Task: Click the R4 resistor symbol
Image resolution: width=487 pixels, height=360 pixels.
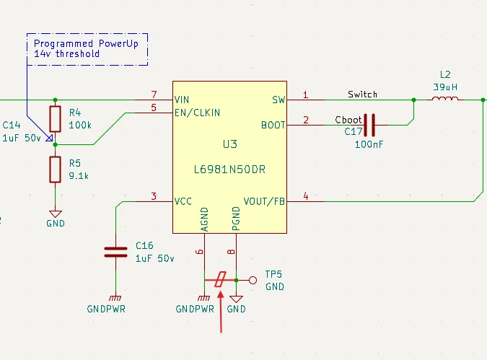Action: pyautogui.click(x=56, y=119)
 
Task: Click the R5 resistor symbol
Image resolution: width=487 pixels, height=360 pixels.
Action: pyautogui.click(x=56, y=170)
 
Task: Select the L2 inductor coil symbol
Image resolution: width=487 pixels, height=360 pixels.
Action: pyautogui.click(x=444, y=99)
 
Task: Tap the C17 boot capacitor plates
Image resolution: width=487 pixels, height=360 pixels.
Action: pyautogui.click(x=369, y=125)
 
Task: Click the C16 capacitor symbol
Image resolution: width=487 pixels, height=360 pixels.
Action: pyautogui.click(x=116, y=253)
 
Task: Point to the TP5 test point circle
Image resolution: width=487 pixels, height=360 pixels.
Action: pyautogui.click(x=253, y=281)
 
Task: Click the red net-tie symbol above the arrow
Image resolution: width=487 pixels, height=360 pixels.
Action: pyautogui.click(x=220, y=279)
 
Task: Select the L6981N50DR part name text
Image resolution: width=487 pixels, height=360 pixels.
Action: pyautogui.click(x=229, y=170)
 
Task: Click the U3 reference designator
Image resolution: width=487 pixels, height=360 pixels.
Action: pyautogui.click(x=230, y=144)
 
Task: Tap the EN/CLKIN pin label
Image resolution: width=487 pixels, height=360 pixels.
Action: pyautogui.click(x=197, y=113)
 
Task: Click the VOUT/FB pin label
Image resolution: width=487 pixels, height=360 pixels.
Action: pyautogui.click(x=264, y=201)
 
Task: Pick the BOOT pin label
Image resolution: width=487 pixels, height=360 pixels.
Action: pyautogui.click(x=273, y=126)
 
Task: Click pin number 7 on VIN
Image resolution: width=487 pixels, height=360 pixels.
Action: pyautogui.click(x=154, y=94)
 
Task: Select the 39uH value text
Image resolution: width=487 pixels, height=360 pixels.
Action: pyautogui.click(x=445, y=87)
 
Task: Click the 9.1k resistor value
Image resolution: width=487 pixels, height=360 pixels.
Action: pyautogui.click(x=79, y=176)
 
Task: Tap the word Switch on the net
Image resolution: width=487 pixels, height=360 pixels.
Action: pyautogui.click(x=362, y=94)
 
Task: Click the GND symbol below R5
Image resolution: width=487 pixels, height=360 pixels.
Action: pyautogui.click(x=56, y=214)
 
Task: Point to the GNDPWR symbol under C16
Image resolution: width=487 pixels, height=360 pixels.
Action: pyautogui.click(x=115, y=299)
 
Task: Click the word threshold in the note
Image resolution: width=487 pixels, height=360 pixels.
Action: pyautogui.click(x=78, y=53)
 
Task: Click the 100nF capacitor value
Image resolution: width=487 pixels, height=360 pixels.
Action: pyautogui.click(x=369, y=144)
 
